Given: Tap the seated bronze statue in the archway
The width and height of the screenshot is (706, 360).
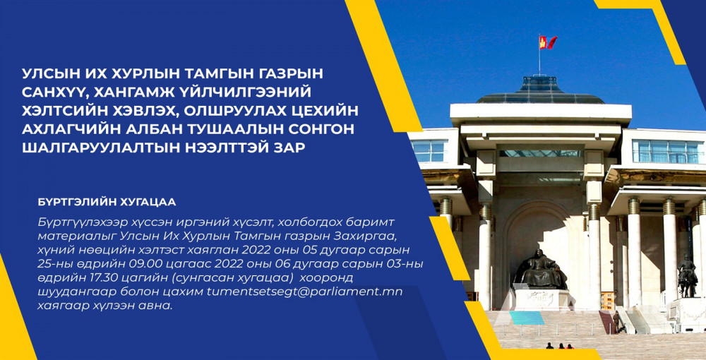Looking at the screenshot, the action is point(541,270).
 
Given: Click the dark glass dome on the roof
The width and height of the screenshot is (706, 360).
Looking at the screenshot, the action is point(540,91).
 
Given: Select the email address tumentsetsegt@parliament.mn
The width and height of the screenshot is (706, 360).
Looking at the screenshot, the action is point(304,292).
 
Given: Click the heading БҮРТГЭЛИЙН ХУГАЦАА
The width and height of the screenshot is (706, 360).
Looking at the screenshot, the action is point(107,202).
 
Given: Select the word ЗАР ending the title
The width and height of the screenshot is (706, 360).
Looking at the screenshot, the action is point(289,147).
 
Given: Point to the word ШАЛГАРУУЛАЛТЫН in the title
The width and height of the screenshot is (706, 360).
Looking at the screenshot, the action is point(94,147).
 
